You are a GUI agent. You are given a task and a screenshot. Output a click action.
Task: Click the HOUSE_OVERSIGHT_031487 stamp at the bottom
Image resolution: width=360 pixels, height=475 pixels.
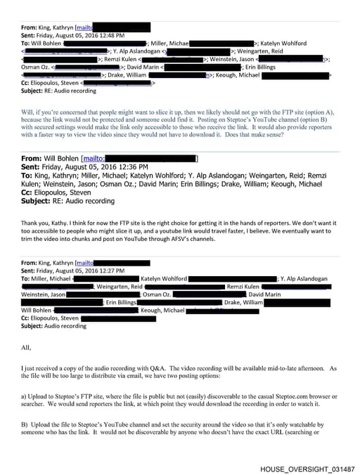[x=307, y=468]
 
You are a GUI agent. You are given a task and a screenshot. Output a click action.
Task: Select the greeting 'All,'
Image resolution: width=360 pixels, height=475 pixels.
[x=26, y=347]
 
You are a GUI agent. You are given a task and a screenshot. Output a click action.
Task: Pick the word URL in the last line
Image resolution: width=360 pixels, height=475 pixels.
[x=278, y=432]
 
